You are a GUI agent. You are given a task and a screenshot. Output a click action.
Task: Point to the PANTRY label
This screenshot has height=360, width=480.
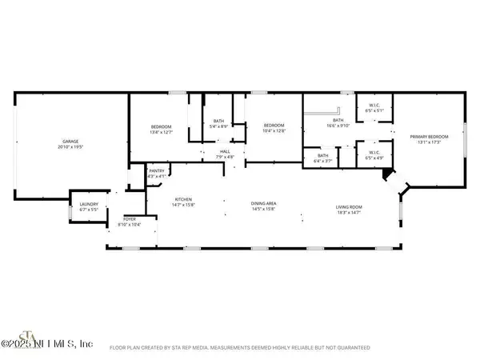pos(156,170)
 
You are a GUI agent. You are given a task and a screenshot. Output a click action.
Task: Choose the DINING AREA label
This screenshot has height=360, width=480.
pos(263,204)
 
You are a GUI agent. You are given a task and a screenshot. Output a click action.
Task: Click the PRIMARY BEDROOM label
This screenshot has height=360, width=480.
pos(429,137)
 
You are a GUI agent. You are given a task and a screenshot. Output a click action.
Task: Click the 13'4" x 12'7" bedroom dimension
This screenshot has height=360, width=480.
pos(162,132)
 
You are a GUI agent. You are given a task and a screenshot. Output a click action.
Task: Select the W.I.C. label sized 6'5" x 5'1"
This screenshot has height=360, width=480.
pos(374,106)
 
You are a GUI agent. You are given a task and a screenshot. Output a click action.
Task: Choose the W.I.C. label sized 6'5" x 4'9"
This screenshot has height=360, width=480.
pos(374,152)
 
